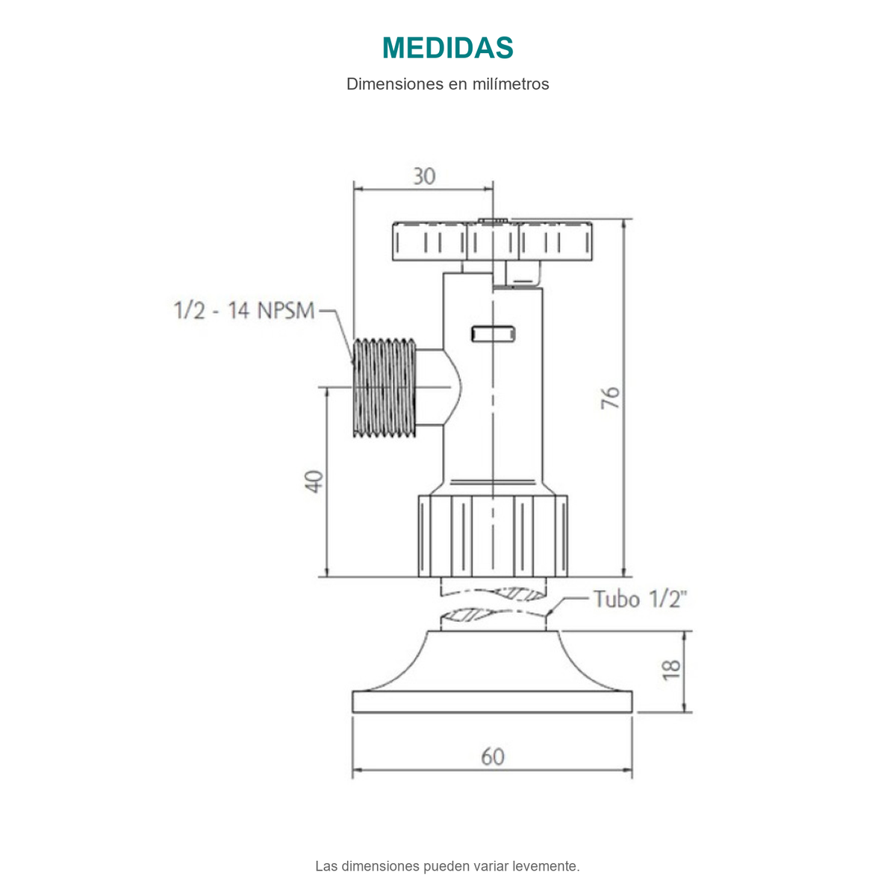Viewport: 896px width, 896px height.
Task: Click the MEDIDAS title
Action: pyautogui.click(x=447, y=48)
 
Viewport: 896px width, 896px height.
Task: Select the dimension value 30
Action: pyautogui.click(x=424, y=177)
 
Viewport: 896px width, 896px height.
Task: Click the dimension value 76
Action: pyautogui.click(x=611, y=397)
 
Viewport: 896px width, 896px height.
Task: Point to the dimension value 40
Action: pyautogui.click(x=314, y=482)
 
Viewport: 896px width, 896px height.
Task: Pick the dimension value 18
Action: pyautogui.click(x=671, y=670)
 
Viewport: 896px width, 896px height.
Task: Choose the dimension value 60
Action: pyautogui.click(x=492, y=757)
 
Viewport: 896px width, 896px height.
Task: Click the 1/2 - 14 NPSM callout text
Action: pyautogui.click(x=244, y=311)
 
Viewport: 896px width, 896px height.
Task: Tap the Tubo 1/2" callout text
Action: pyautogui.click(x=640, y=600)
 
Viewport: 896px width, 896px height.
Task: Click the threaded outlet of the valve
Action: pyautogui.click(x=385, y=388)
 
